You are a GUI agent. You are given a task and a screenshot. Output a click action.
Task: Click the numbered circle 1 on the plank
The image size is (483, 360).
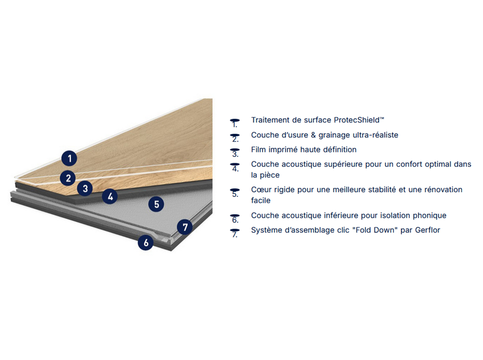coord(70,158)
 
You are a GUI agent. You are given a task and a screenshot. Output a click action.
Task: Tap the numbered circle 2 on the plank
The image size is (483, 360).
coord(68,178)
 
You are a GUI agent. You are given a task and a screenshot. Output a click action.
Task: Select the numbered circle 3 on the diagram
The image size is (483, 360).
coord(85,188)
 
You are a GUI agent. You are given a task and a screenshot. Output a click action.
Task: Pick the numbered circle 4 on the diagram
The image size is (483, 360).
coord(110,196)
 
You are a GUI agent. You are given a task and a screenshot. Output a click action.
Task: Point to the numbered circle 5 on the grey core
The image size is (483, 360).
coord(156,204)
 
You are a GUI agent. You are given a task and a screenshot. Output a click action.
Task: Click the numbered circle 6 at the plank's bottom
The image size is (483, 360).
coord(146,242)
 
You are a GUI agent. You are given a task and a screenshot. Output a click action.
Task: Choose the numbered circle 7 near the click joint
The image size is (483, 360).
coord(185,227)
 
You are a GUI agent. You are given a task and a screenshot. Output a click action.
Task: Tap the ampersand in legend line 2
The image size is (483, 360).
coord(313,135)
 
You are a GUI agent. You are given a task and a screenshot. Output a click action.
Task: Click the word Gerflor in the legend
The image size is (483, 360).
coord(428,230)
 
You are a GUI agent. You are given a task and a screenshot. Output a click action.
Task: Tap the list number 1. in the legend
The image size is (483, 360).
coord(235,123)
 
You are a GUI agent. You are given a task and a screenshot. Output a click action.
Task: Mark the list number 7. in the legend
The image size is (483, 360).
coord(235,233)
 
